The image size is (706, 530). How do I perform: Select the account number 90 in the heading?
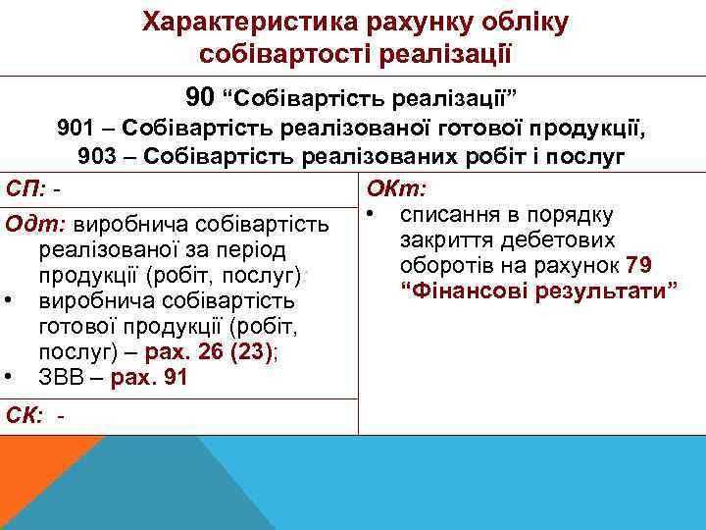199,97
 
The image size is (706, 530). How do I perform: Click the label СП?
25,187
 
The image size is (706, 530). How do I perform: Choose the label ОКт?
390,187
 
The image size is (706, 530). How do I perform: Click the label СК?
25,415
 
